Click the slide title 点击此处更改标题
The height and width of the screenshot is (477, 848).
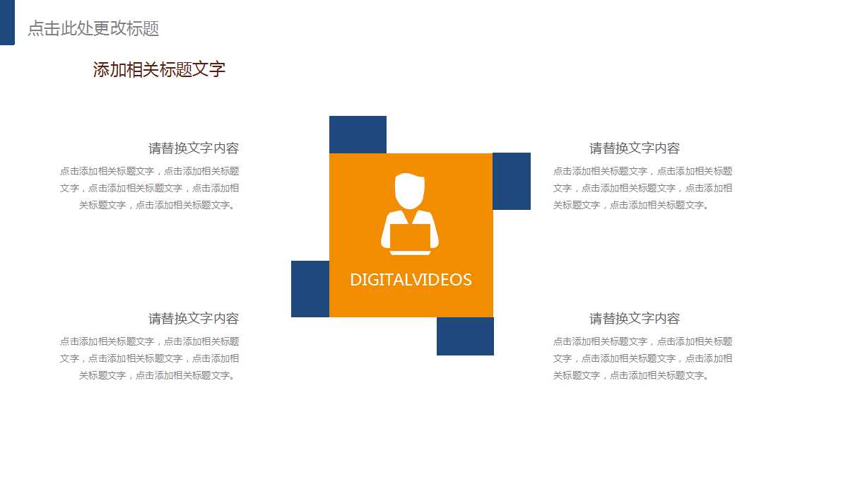click(x=93, y=28)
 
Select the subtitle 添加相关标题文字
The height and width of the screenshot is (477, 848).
click(x=159, y=69)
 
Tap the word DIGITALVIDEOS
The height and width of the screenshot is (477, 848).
click(x=411, y=280)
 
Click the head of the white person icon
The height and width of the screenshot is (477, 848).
click(x=410, y=189)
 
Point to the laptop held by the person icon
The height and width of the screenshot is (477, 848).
click(x=410, y=238)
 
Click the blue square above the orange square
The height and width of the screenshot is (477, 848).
click(x=358, y=134)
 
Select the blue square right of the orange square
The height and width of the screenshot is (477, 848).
click(x=512, y=181)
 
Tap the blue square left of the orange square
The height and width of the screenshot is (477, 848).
click(x=310, y=289)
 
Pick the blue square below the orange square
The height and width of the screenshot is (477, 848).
click(x=465, y=336)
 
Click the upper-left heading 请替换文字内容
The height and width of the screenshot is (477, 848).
click(x=194, y=148)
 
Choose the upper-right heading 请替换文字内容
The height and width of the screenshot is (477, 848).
click(x=635, y=148)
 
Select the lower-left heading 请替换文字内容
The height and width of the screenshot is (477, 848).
click(x=194, y=319)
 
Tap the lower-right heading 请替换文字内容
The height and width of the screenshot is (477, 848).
click(x=635, y=319)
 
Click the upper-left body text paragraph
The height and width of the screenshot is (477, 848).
click(x=150, y=188)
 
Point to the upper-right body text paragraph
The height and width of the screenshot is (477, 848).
click(x=642, y=188)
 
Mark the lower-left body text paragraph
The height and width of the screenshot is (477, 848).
click(x=150, y=358)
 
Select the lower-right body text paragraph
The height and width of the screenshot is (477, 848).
click(x=642, y=358)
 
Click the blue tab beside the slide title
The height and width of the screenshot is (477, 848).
click(x=7, y=23)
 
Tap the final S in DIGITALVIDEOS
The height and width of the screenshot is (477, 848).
click(x=467, y=280)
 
